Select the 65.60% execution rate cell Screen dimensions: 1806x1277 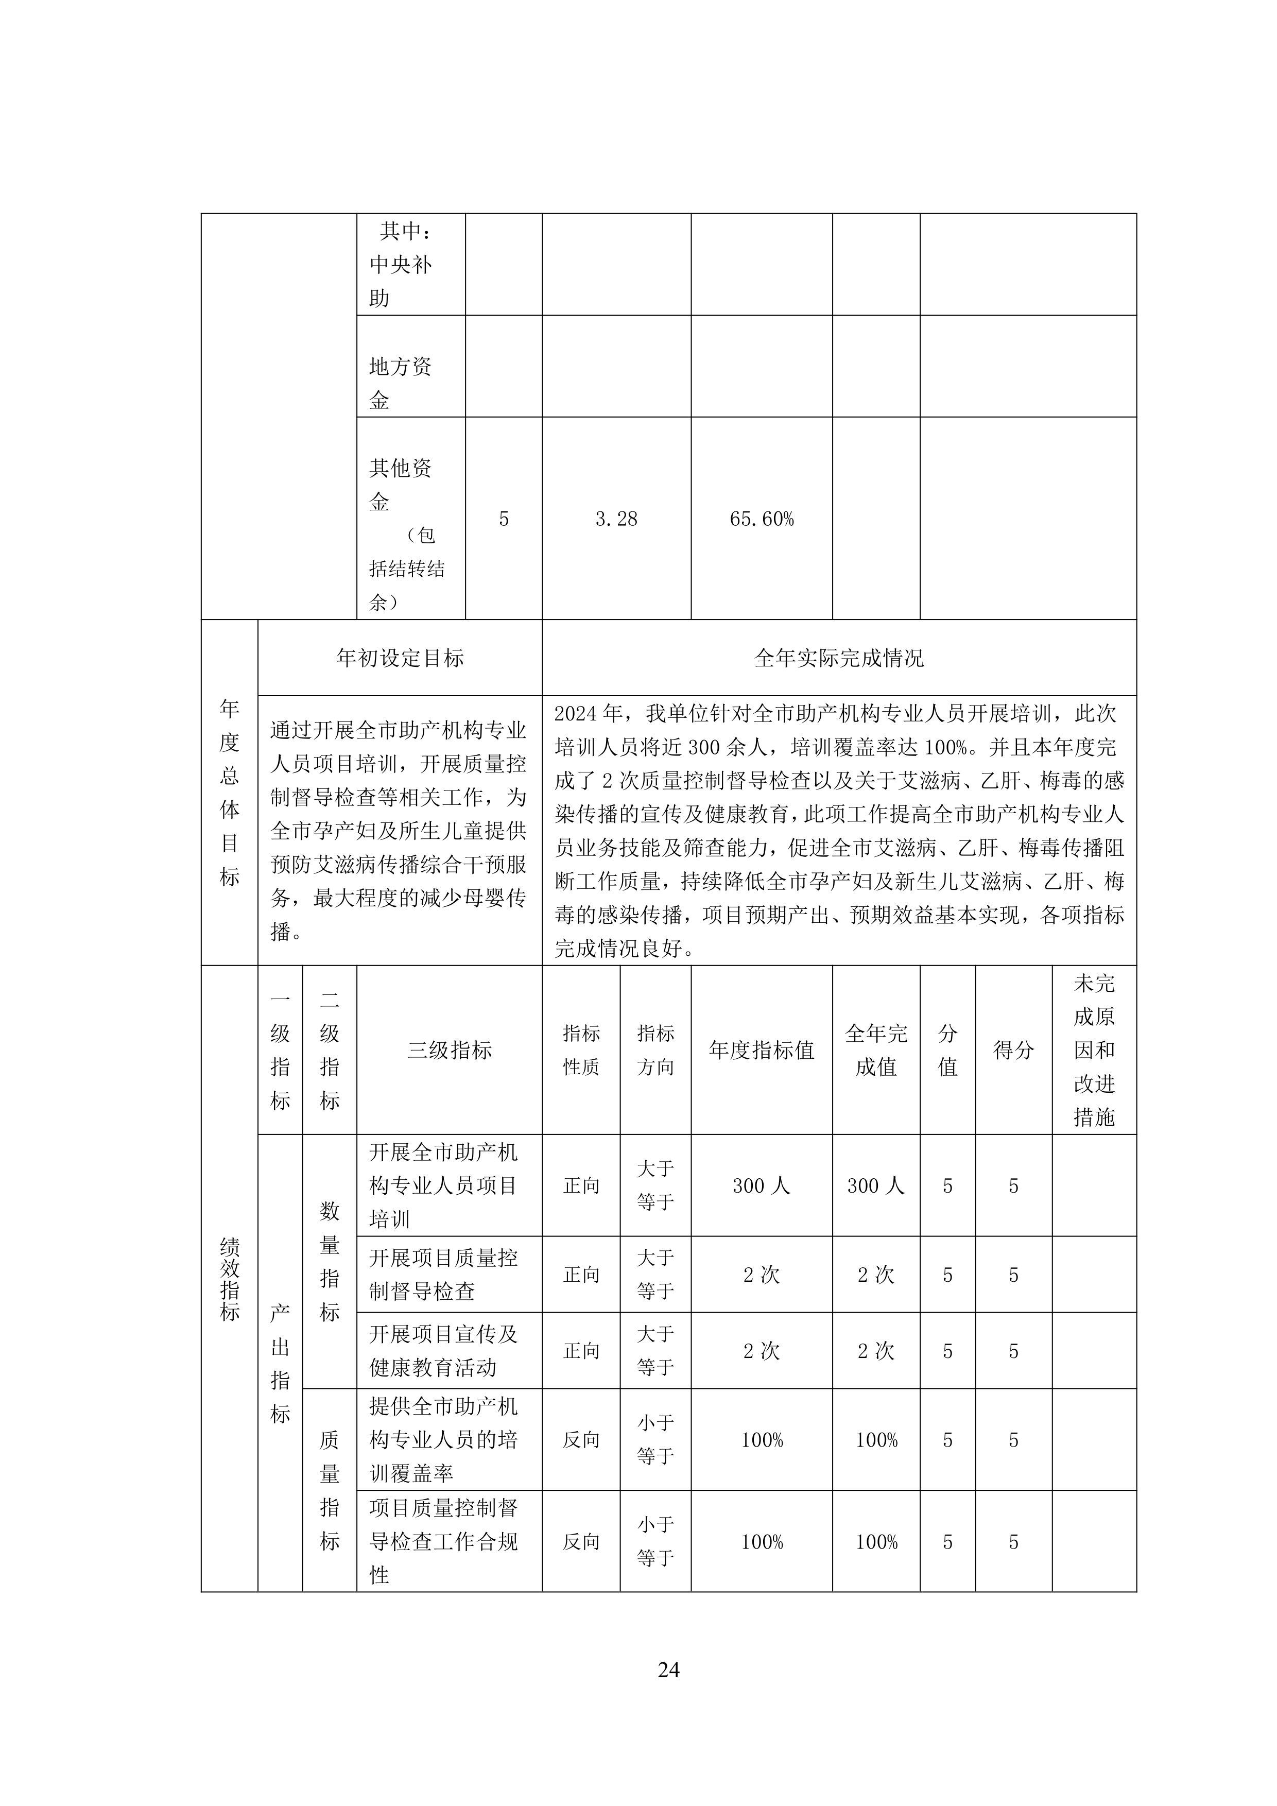761,519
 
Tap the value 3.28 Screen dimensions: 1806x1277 616,519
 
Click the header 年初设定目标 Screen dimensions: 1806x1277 400,658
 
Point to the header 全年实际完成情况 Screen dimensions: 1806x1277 838,658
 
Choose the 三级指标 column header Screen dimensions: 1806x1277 449,1050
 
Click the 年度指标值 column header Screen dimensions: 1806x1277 761,1050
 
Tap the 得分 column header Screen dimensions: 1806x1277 1013,1050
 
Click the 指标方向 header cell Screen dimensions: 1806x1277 655,1050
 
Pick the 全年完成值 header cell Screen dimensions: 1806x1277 876,1050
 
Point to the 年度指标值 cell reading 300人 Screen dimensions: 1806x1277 761,1186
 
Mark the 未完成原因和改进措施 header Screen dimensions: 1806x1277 1094,1050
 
